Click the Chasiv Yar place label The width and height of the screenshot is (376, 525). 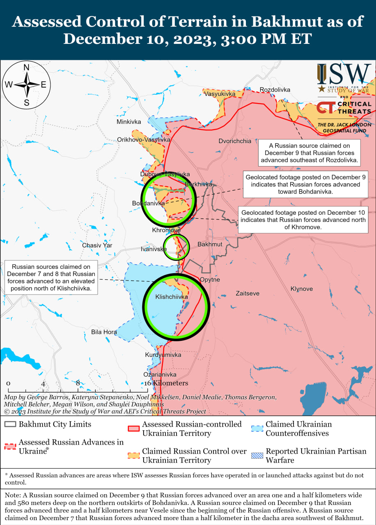point(97,245)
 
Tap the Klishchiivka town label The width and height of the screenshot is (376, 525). point(172,297)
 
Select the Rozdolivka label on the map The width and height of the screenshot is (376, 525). point(275,90)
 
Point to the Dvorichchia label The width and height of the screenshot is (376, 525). point(234,141)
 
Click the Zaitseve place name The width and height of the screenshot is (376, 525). point(247,293)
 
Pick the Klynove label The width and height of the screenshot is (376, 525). point(301,289)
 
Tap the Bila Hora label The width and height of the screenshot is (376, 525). point(104,332)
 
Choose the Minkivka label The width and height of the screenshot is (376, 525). point(128,122)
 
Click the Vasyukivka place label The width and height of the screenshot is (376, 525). point(220,94)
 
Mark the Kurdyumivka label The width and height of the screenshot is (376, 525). point(163,355)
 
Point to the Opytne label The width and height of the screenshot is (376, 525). point(210,280)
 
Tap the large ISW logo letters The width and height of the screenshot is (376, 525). point(344,74)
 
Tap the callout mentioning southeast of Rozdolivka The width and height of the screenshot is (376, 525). point(310,153)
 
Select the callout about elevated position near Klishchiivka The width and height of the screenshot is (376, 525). point(51,278)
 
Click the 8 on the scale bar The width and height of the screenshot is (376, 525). point(78,383)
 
